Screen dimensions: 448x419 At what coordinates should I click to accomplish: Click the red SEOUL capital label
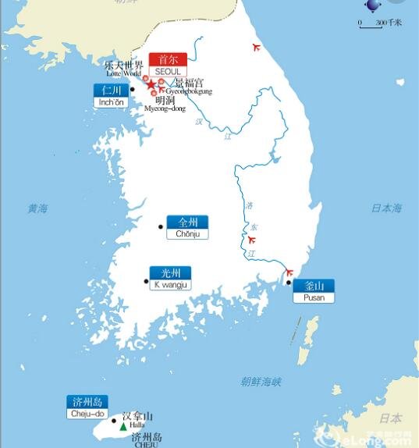168,65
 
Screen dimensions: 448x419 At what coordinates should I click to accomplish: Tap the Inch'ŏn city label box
111,95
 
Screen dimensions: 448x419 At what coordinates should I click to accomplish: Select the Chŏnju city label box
188,228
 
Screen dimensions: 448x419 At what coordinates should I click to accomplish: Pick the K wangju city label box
170,279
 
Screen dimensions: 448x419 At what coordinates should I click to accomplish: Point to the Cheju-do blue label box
87,407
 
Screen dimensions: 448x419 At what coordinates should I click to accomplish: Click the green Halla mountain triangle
123,427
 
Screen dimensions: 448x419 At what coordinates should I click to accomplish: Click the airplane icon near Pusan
289,273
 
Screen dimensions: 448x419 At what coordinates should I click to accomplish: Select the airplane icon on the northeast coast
256,48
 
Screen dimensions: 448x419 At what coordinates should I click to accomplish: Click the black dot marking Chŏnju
161,227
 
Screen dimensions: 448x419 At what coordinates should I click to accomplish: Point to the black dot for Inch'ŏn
133,90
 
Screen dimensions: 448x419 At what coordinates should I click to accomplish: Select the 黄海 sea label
37,208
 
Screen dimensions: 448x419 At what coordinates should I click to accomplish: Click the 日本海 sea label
385,208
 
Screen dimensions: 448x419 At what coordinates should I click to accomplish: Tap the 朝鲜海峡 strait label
261,382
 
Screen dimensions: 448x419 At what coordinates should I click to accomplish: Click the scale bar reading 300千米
379,23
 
